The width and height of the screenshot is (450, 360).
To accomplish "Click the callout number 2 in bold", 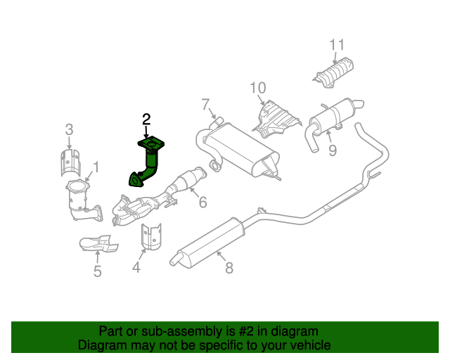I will coord(146,119).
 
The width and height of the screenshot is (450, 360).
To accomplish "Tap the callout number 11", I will coord(337,46).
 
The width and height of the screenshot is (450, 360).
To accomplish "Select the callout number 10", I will coord(257,88).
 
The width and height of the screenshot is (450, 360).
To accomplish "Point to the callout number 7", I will coord(205,105).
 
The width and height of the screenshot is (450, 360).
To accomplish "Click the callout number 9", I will coord(333,150).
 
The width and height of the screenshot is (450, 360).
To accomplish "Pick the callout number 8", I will coord(229,267).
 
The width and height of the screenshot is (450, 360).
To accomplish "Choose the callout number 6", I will coord(202,203).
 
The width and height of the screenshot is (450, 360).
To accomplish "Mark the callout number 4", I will coord(136,267).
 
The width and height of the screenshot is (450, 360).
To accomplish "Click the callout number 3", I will coord(69,129).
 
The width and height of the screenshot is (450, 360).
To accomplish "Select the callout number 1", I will coord(96,167).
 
